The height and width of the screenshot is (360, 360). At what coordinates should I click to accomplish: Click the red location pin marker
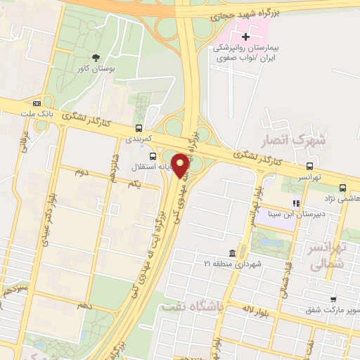[x=181, y=165]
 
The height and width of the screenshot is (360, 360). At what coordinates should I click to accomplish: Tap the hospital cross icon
[x=245, y=36]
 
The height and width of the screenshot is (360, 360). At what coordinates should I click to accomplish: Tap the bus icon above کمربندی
[x=139, y=128]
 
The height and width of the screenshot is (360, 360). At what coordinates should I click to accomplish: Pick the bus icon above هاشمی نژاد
[x=342, y=188]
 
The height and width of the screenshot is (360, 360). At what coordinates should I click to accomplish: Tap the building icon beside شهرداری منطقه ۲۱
[x=232, y=253]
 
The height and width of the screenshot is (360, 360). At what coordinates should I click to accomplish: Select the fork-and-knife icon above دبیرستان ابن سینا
[x=296, y=204]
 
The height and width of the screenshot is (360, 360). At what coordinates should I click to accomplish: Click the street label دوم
[x=80, y=172]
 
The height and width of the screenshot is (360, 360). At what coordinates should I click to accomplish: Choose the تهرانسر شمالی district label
[x=330, y=258]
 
